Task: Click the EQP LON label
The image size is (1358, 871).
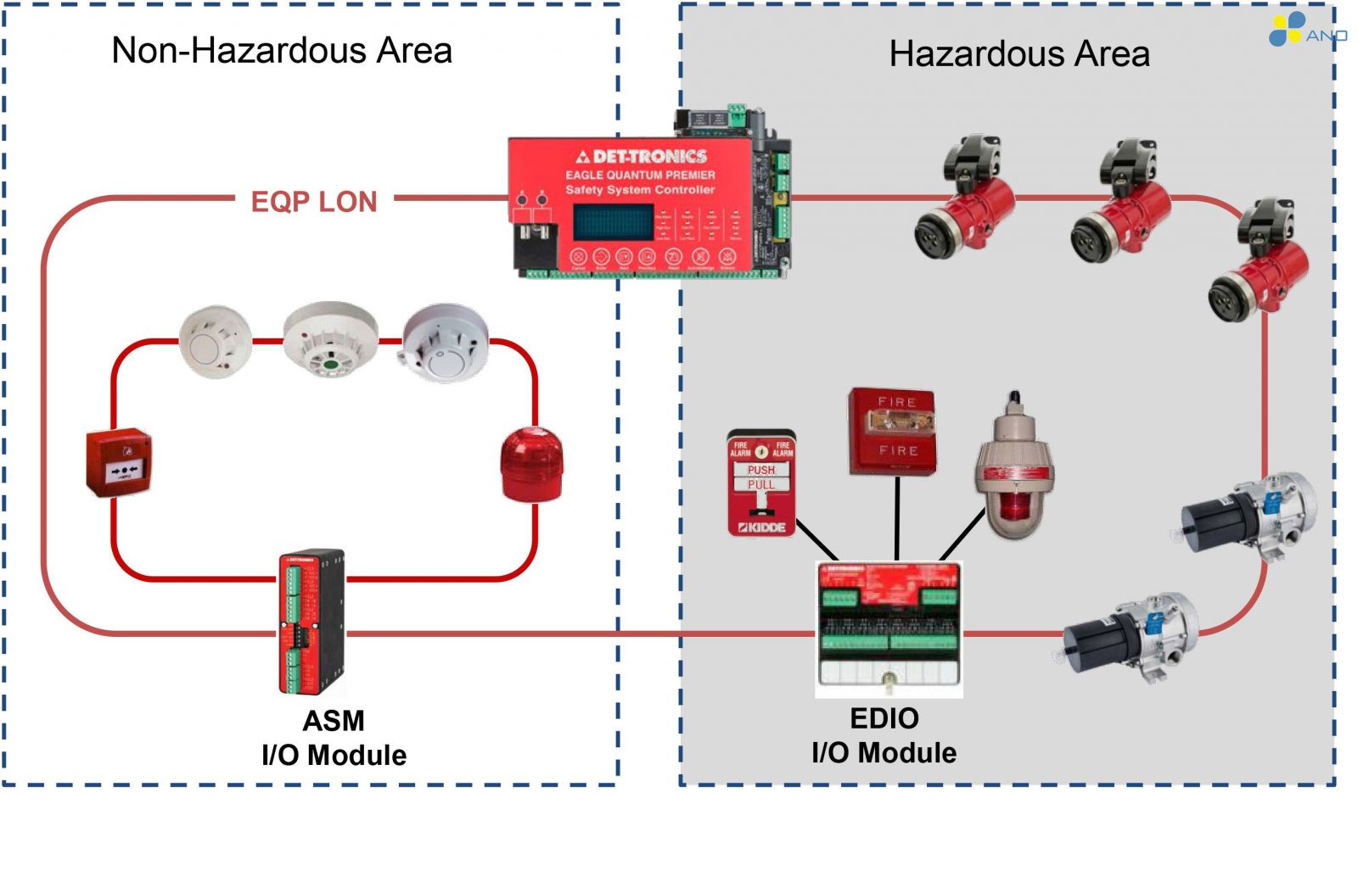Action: point(314,202)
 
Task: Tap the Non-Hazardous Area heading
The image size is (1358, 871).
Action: point(282,51)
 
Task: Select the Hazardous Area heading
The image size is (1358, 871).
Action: point(1019,54)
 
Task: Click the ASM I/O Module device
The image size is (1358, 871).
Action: point(311,622)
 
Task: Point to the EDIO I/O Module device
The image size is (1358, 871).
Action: point(889,628)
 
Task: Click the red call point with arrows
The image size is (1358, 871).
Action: point(120,462)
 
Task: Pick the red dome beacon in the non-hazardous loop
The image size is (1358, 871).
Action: point(531,465)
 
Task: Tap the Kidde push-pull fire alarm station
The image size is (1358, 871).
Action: point(761,484)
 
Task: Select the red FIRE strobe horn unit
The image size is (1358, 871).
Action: point(893,432)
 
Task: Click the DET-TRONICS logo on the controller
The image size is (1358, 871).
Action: point(643,156)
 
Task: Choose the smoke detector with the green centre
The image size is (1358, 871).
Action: point(330,340)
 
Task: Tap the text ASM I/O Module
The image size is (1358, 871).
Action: point(334,738)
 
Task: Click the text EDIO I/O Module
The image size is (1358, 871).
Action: point(884,735)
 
